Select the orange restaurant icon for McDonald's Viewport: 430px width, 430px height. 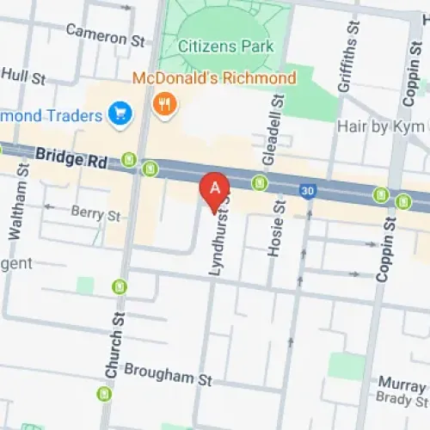pos(161,105)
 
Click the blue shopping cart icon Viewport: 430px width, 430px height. pos(119,113)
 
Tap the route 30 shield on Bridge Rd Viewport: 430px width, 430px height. pos(306,190)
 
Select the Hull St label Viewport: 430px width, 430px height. pos(23,76)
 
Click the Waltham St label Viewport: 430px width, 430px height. pos(18,206)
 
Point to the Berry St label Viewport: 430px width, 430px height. pos(95,212)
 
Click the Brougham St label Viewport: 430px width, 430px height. pos(168,374)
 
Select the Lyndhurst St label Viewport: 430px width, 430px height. pos(218,234)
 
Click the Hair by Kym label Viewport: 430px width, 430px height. pos(381,126)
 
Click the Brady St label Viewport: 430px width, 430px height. pos(400,397)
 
